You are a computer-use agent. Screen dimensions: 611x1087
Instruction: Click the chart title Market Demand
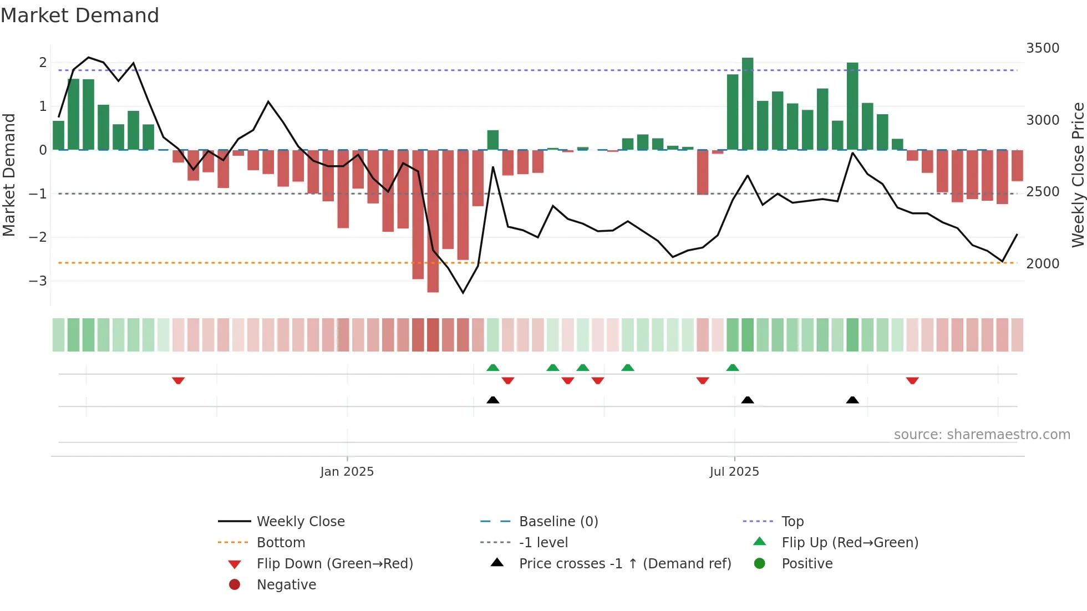click(x=80, y=16)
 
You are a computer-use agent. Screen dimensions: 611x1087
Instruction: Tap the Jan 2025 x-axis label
click(x=347, y=472)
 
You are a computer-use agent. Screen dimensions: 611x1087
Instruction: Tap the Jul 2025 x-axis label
click(x=734, y=472)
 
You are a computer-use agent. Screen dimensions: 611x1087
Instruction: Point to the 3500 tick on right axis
click(x=1042, y=48)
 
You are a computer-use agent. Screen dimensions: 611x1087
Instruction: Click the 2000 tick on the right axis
click(x=1042, y=264)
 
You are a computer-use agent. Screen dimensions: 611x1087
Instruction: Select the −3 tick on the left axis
click(x=38, y=281)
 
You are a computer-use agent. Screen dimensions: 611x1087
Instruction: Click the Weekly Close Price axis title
click(x=1078, y=175)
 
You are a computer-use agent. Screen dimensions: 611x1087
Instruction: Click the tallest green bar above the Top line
click(x=748, y=103)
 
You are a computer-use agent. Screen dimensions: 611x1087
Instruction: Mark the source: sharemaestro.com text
click(x=982, y=435)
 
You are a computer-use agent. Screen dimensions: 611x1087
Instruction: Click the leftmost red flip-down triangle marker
click(x=178, y=381)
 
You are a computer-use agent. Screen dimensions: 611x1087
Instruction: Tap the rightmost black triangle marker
click(x=852, y=400)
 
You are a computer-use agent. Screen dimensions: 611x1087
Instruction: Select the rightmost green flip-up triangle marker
click(x=733, y=368)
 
